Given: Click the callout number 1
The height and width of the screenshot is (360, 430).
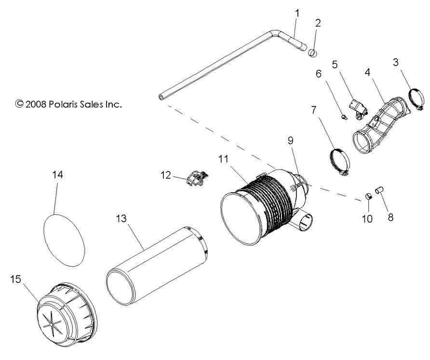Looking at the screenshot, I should pos(297,13).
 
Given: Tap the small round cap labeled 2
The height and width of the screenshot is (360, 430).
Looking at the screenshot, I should pos(313,53).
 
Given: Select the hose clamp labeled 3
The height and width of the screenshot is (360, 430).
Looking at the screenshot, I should pos(416,99).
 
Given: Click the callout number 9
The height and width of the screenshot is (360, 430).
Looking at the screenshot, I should pos(291,140).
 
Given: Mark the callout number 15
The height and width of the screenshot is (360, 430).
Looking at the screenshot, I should pos(15,279).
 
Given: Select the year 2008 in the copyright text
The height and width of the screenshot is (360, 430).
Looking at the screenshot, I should pos(36,103).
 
